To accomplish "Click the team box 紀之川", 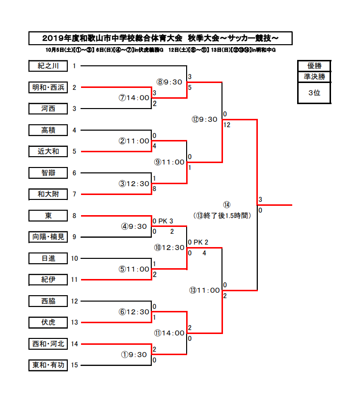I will [48, 66].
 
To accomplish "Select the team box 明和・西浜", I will [48, 87].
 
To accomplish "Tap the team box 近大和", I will [48, 151].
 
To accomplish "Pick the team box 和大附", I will [48, 194].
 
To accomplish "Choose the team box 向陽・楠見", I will [48, 237].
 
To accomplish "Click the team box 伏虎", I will [48, 322].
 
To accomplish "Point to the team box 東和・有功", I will [48, 365].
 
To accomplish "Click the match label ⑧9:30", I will [169, 82].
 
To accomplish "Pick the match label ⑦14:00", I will [134, 98].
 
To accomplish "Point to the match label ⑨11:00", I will [169, 162].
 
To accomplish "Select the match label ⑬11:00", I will [205, 290].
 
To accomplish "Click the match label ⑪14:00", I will [169, 333].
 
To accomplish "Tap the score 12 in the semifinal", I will [226, 125].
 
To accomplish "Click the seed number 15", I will [74, 365].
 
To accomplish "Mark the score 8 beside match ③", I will [155, 188].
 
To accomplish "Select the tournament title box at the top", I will [161, 38].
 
